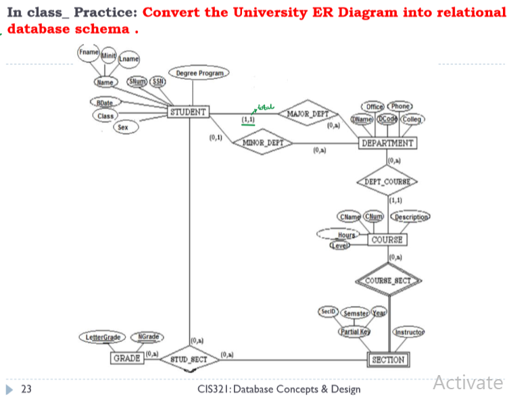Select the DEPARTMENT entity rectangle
(x=387, y=143)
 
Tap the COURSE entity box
(x=387, y=240)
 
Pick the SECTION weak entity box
(x=388, y=360)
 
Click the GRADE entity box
(x=126, y=358)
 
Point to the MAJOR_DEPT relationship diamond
(x=307, y=114)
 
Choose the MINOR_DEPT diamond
(x=262, y=143)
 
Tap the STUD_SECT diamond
(x=190, y=360)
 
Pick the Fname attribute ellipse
(x=89, y=52)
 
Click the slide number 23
(x=26, y=389)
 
